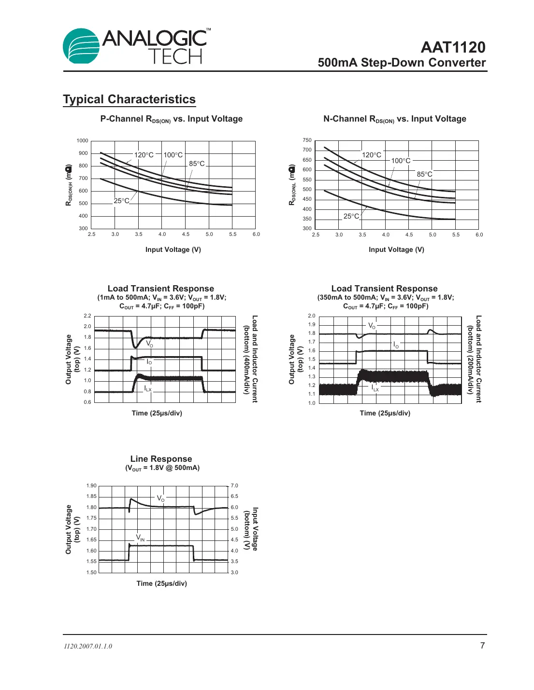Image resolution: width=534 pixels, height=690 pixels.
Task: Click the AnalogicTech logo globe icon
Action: click(81, 46)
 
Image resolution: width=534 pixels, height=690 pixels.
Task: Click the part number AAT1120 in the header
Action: click(453, 47)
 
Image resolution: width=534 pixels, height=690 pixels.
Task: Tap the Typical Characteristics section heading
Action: click(129, 99)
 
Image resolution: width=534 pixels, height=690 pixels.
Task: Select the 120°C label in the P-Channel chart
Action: click(144, 155)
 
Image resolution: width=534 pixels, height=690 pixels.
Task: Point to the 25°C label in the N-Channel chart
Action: click(351, 216)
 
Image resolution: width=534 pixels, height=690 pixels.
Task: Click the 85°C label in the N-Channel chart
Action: click(424, 174)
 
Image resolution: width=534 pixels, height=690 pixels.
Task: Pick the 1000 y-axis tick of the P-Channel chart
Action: click(82, 141)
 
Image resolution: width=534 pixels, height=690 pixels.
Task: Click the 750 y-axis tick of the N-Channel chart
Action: click(307, 140)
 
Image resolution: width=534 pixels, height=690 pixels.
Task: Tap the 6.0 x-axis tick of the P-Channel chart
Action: click(256, 235)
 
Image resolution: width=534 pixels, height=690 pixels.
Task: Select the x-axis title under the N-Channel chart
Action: click(396, 249)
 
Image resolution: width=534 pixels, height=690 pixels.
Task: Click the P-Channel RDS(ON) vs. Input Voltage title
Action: click(172, 119)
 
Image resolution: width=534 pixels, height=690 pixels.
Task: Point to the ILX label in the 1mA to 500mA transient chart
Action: click(148, 388)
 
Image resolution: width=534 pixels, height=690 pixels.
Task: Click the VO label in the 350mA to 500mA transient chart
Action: click(372, 326)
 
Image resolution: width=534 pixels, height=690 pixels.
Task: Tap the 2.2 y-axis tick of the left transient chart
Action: click(87, 316)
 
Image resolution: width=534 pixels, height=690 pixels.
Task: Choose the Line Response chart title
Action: click(161, 459)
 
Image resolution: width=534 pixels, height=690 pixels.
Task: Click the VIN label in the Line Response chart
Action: click(140, 538)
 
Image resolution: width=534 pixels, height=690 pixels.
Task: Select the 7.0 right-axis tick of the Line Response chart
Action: click(234, 486)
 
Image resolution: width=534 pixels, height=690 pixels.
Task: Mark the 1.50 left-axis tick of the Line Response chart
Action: click(91, 573)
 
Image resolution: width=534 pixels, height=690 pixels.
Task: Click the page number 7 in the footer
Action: click(482, 646)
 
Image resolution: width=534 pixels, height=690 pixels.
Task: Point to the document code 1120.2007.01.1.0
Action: click(88, 647)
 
